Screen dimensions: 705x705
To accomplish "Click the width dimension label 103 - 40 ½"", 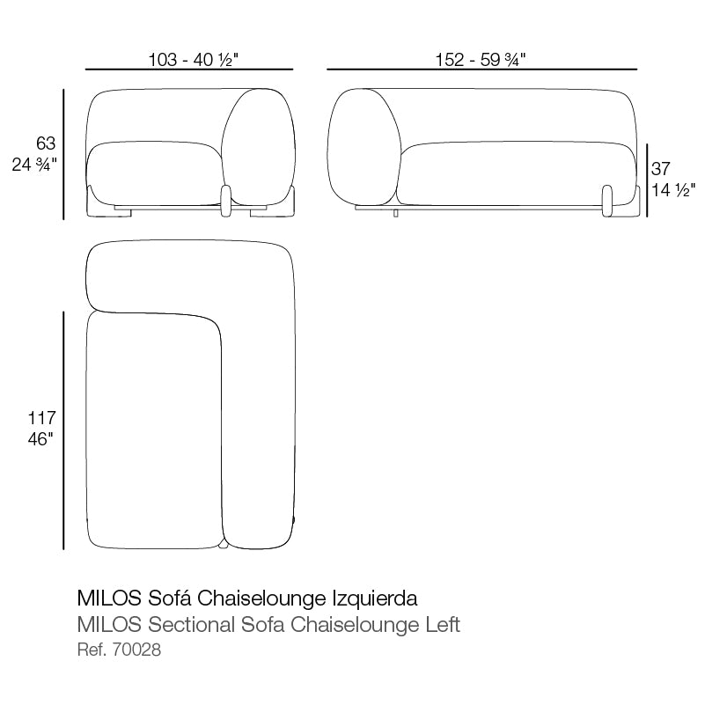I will tap(189, 60).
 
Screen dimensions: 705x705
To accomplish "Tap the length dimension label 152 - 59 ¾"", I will tap(481, 60).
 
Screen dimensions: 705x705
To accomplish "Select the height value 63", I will tap(46, 143).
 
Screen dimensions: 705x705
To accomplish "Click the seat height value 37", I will tap(661, 168).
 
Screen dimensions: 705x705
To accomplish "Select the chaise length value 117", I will tap(42, 418).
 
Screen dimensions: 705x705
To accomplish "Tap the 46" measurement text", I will tap(40, 439).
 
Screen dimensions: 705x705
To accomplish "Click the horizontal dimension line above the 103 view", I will tap(189, 69).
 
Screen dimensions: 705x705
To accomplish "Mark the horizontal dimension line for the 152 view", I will tap(481, 69).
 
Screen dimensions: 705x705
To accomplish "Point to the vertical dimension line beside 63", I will tap(64, 154).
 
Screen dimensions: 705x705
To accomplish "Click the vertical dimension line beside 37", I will tap(647, 180).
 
